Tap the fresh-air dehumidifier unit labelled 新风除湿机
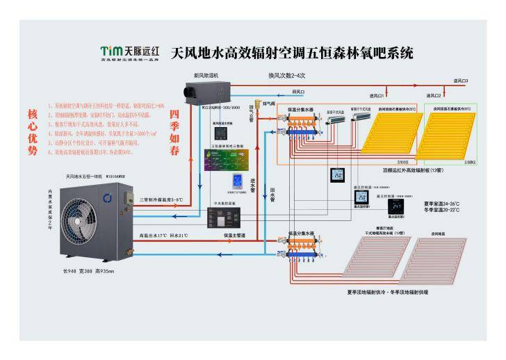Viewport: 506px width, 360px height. click(206, 90)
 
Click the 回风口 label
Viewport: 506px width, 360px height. click(298, 91)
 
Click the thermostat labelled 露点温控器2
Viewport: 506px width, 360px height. click(396, 206)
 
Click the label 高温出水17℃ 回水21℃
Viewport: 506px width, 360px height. click(164, 235)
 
